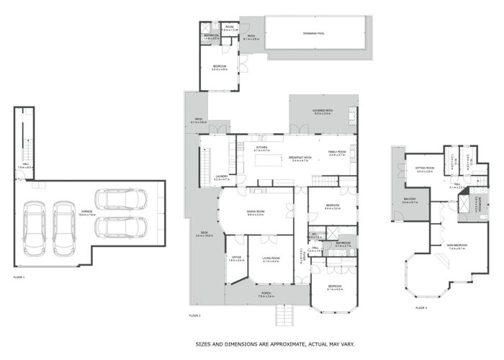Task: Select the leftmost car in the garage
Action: point(34,228)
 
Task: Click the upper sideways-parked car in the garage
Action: point(120,199)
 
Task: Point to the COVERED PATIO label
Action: point(321,111)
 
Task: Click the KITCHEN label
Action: point(261,148)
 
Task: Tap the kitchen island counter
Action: point(271,161)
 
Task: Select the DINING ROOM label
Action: point(256,212)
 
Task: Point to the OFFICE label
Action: point(236,257)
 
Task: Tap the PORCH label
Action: point(266,293)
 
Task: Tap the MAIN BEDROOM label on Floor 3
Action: point(458,247)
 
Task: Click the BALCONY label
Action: point(410,201)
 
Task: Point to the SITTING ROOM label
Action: point(424,168)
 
